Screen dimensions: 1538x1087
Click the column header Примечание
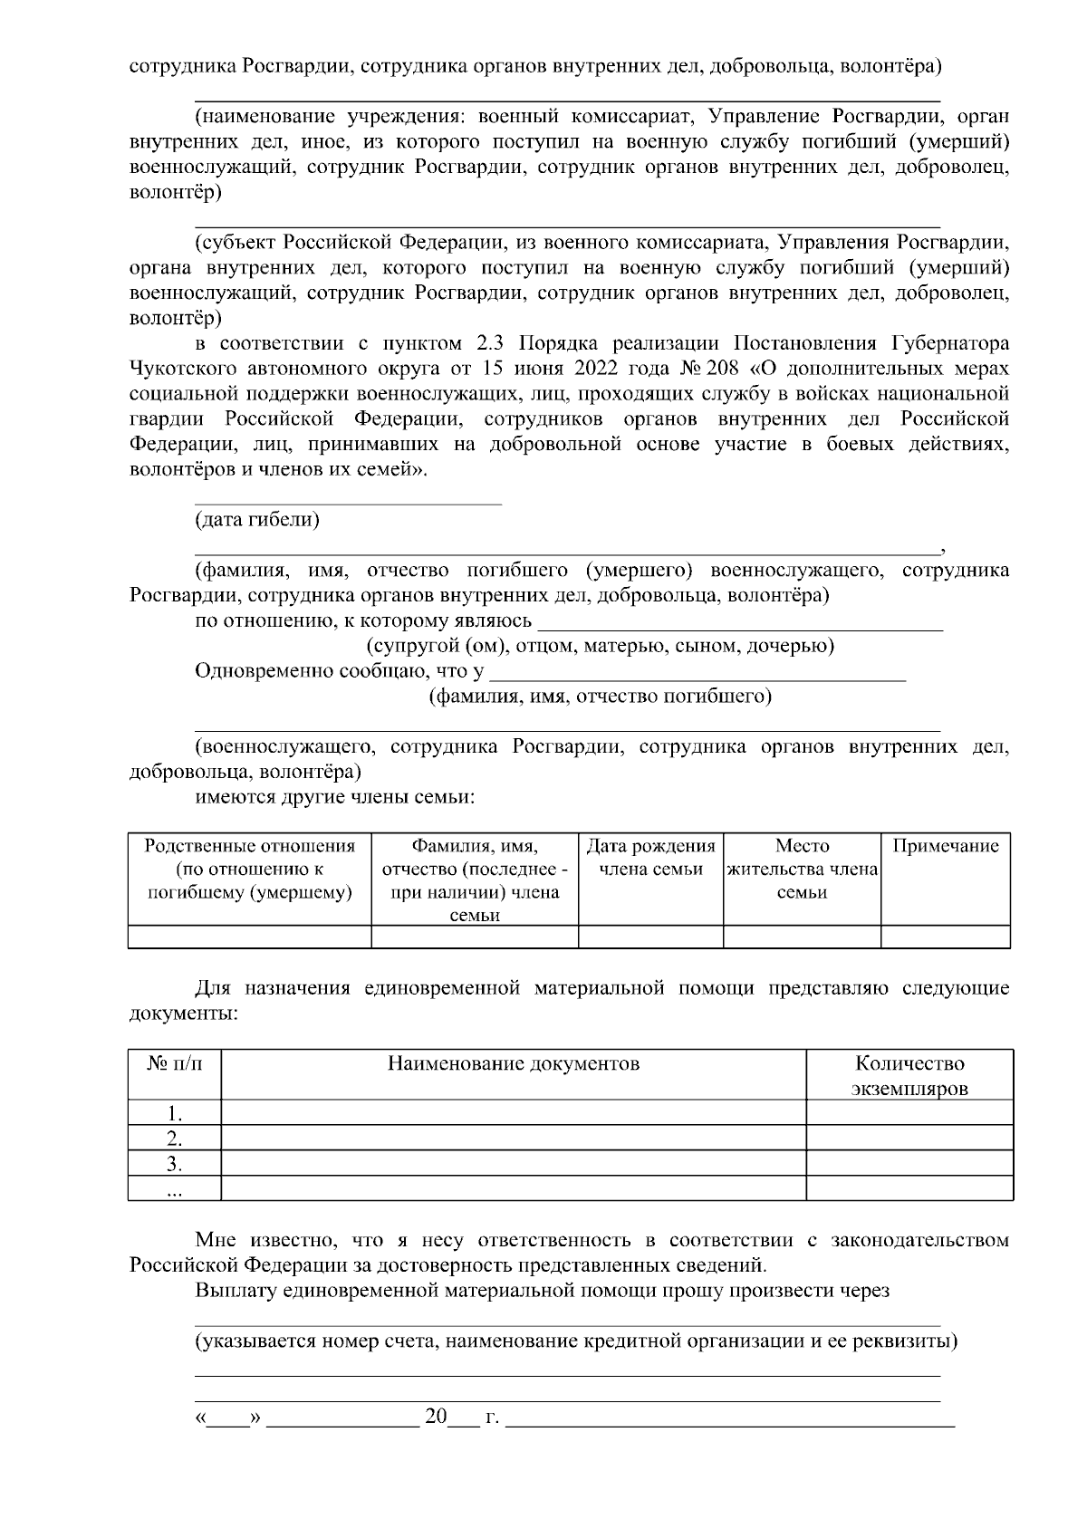pyautogui.click(x=945, y=846)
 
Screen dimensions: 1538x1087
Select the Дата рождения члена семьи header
pyautogui.click(x=650, y=858)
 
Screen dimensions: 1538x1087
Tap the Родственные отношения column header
pyautogui.click(x=249, y=870)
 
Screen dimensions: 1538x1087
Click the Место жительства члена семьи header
pyautogui.click(x=802, y=869)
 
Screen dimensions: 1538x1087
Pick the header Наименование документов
pyautogui.click(x=513, y=1063)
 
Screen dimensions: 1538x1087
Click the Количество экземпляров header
pyautogui.click(x=909, y=1075)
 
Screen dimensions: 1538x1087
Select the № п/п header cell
pyautogui.click(x=175, y=1063)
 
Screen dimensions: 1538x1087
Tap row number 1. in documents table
pyautogui.click(x=175, y=1113)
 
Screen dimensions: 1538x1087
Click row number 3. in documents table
pyautogui.click(x=175, y=1164)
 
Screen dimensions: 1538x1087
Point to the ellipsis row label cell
pyautogui.click(x=175, y=1189)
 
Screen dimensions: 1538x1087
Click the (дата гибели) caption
pyautogui.click(x=257, y=520)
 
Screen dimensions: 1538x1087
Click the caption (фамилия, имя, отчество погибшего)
pyautogui.click(x=599, y=697)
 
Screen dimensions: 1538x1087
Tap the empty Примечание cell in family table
pyautogui.click(x=945, y=937)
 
